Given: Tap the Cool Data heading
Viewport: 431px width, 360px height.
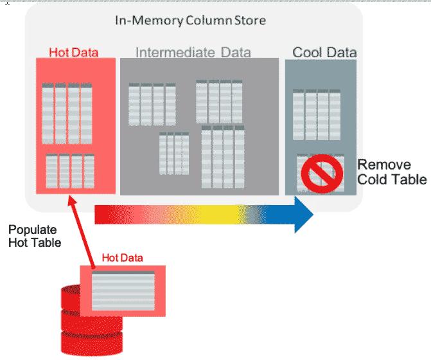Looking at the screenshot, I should coord(324,51).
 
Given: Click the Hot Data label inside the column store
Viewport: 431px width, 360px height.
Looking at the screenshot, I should coord(73,52).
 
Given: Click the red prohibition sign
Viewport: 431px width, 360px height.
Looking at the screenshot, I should coord(319,172).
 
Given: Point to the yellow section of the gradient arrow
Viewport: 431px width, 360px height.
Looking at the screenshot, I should coord(212,214).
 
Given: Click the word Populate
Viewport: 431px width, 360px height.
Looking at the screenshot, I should coord(33,230).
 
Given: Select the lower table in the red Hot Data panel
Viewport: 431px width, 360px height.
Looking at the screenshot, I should coord(70,170).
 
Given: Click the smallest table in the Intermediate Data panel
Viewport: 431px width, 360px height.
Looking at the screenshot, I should coord(173,153).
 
